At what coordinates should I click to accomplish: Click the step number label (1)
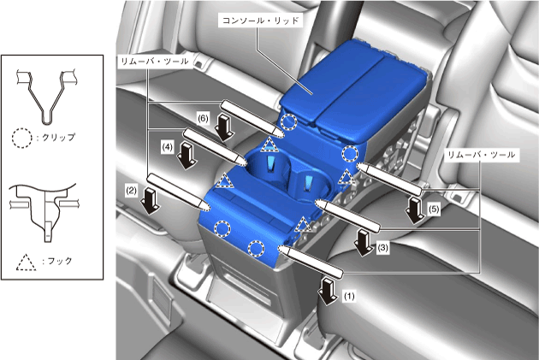click(349, 296)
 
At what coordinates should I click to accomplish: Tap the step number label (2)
click(131, 191)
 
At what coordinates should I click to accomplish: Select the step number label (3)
click(383, 248)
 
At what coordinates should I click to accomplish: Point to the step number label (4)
click(167, 147)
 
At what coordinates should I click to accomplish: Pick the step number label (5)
click(434, 209)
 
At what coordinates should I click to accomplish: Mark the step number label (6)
click(203, 119)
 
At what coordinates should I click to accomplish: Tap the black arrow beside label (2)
click(151, 201)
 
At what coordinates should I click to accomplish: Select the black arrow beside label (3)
click(364, 243)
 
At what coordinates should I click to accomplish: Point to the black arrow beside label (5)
click(415, 210)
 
